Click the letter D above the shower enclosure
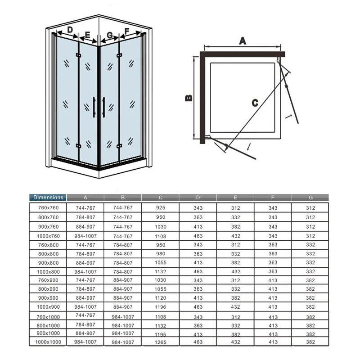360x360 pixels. (70, 30)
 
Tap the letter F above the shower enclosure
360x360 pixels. (127, 31)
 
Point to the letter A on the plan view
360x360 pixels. (243, 41)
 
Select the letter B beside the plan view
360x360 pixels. (189, 98)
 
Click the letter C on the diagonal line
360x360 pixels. (255, 103)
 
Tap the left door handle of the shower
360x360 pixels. (94, 107)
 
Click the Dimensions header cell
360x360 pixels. (48, 198)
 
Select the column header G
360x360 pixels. (310, 198)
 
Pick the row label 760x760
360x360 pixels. (49, 208)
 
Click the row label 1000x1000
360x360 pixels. (48, 342)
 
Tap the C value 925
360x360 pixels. (161, 207)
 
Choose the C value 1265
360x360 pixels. (161, 342)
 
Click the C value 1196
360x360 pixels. (161, 307)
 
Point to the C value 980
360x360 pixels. (161, 254)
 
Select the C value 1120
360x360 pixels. (161, 298)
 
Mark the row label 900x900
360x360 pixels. (49, 298)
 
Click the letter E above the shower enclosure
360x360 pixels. (87, 35)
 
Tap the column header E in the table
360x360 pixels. (235, 198)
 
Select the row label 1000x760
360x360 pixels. (48, 236)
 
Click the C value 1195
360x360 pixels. (161, 334)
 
